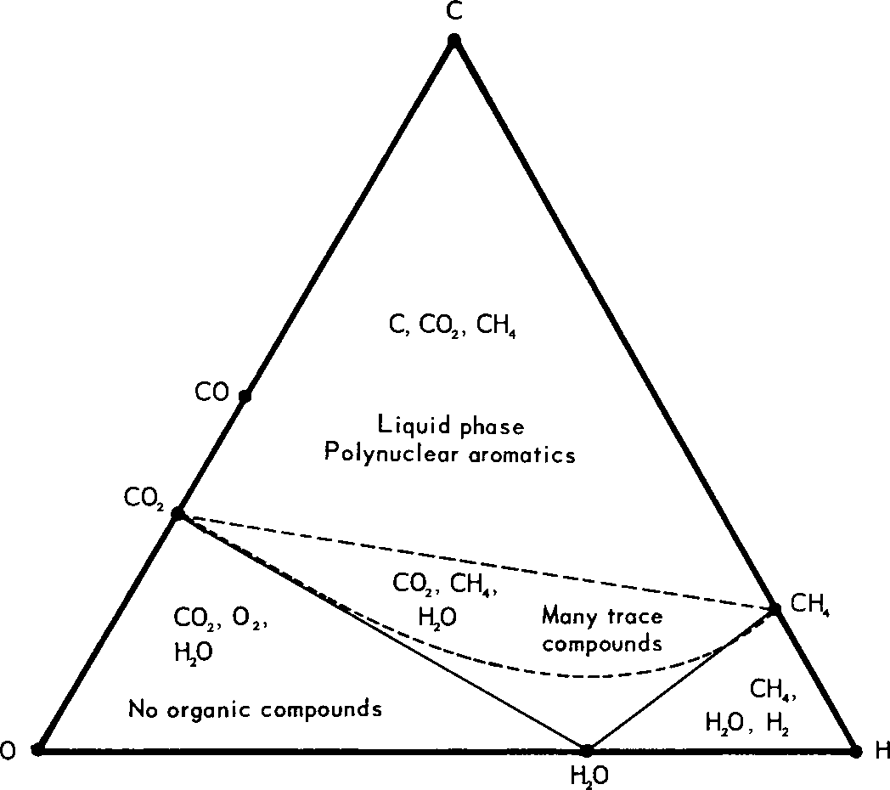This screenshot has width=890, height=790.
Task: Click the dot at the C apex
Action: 454,40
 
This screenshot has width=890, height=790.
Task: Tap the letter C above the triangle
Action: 454,12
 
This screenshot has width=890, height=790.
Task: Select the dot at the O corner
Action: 37,749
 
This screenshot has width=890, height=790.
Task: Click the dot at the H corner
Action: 856,750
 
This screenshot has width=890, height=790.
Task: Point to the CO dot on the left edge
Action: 245,396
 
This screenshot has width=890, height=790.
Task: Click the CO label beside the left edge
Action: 211,393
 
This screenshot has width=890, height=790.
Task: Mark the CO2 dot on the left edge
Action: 178,513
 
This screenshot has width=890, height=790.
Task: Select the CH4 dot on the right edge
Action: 775,609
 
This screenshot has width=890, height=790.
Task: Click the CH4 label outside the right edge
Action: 809,605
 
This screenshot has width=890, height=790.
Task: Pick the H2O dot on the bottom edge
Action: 586,749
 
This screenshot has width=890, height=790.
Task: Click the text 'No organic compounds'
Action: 255,708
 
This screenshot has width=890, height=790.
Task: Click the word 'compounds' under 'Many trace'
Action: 602,643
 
